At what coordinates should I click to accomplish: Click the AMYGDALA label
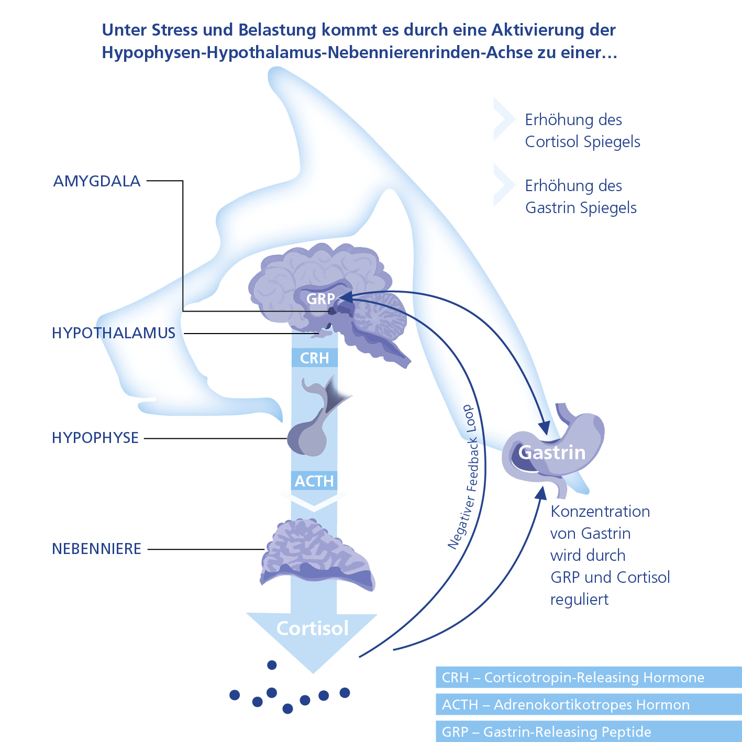pos(97,181)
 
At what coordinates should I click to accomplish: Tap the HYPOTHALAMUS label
pos(114,333)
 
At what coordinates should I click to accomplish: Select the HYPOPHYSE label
pos(95,438)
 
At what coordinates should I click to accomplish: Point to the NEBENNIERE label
pos(97,549)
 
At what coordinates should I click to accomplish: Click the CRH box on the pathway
pos(314,358)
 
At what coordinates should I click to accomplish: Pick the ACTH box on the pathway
pos(314,481)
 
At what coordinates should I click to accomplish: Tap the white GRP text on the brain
pos(320,299)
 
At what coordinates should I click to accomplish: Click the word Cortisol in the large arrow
pos(313,628)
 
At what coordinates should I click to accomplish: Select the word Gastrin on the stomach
pos(552,452)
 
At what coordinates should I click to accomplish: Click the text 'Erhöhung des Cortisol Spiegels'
pos(582,131)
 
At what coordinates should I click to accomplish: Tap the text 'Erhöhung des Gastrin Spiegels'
pos(581,197)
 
